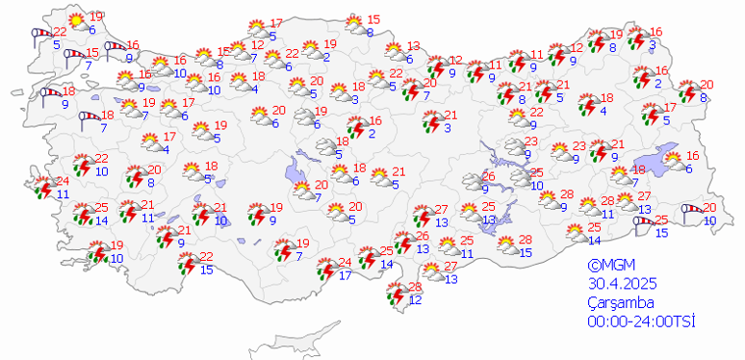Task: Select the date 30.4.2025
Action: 622,284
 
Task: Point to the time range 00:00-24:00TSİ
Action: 641,321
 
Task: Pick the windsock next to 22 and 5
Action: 41,37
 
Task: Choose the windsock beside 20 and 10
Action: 690,213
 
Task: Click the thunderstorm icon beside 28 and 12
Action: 396,294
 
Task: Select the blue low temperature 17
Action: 346,275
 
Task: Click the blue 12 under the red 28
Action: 415,300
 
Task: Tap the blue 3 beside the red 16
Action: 653,44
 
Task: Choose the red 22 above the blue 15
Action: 207,256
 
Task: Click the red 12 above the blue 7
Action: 257,44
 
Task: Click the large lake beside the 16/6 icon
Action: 659,160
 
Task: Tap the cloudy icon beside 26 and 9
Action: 469,181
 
